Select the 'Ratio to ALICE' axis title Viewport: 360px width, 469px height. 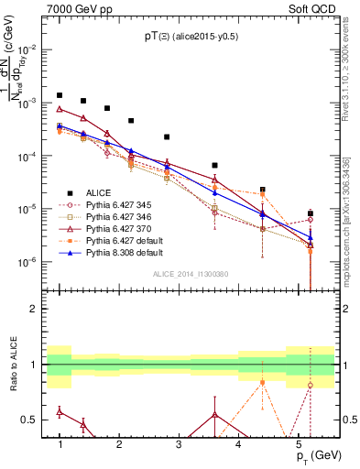pos(12,365)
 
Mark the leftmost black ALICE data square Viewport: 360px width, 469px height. pos(60,95)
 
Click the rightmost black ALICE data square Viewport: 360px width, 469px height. pos(311,213)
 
